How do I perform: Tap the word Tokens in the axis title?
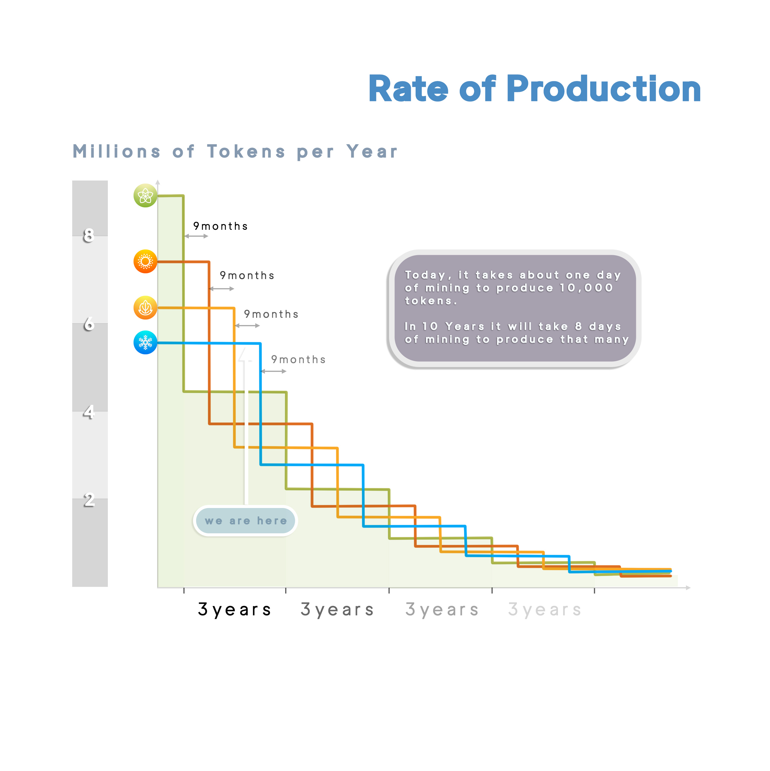tap(246, 152)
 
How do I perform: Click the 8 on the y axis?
tap(89, 236)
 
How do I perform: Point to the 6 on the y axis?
tap(89, 324)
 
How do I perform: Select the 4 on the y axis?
tap(89, 412)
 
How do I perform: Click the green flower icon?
tap(145, 196)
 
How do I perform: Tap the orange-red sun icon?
tap(145, 262)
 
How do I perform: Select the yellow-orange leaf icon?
tap(145, 308)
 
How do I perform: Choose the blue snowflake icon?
tap(145, 342)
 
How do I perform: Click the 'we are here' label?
tap(246, 520)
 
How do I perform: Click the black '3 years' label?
tap(234, 609)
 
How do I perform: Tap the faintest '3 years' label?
tap(545, 609)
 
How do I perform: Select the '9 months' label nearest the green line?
tap(221, 226)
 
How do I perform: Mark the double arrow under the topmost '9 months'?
tap(196, 236)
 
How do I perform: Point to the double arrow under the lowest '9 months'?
tap(274, 371)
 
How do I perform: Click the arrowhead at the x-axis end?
tap(688, 587)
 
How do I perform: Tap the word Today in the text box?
tap(425, 275)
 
